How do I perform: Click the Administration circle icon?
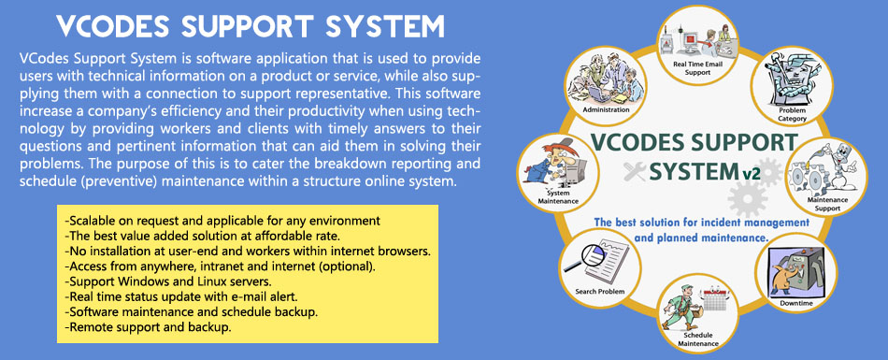[606, 86]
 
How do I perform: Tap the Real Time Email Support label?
[697, 68]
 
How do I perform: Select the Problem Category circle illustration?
[792, 85]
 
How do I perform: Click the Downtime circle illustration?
[795, 274]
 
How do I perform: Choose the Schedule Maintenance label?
[697, 339]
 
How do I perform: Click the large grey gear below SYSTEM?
[748, 198]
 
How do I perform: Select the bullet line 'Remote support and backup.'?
[149, 327]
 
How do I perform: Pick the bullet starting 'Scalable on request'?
[222, 220]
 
